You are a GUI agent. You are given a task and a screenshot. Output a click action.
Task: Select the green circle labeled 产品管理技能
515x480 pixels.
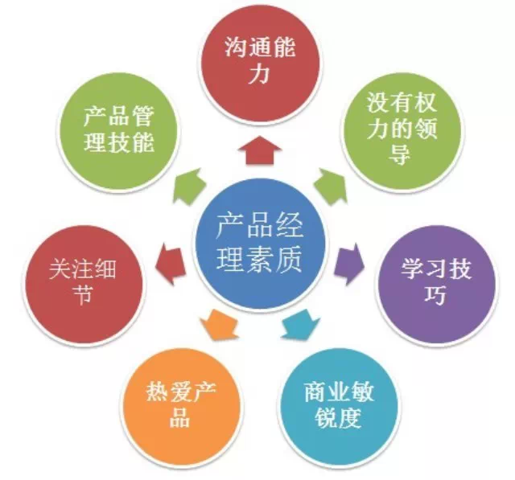119,133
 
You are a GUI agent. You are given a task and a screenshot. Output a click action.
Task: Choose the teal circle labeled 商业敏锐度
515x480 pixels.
339,405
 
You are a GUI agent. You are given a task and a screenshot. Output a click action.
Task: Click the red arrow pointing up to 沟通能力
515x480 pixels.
259,153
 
